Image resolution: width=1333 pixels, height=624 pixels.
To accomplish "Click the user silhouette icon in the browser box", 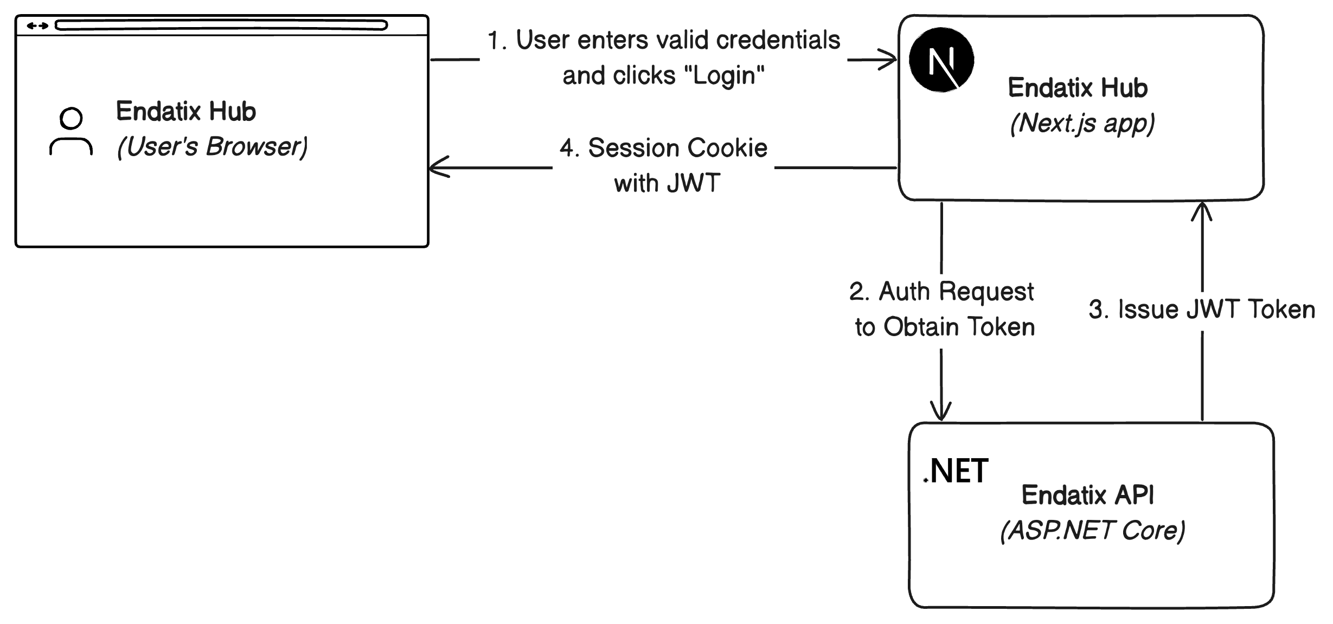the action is pyautogui.click(x=71, y=132).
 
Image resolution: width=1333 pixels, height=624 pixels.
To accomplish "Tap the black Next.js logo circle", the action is pyautogui.click(x=941, y=60).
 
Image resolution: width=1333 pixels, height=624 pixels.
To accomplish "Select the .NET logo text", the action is pyautogui.click(x=956, y=471).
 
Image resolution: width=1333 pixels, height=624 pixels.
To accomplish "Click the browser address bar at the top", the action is pyautogui.click(x=221, y=25).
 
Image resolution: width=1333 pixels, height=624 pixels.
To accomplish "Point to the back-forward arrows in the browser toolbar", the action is pyautogui.click(x=37, y=25).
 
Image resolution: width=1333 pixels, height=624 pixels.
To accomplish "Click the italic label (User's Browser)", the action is pyautogui.click(x=212, y=146).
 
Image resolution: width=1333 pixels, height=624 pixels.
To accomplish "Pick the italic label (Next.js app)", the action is pyautogui.click(x=1082, y=123).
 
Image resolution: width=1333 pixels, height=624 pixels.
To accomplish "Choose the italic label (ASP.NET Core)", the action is pyautogui.click(x=1093, y=530).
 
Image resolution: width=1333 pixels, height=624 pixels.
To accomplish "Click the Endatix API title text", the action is pyautogui.click(x=1087, y=494).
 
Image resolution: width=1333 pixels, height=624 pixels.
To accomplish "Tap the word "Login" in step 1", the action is pyautogui.click(x=721, y=75).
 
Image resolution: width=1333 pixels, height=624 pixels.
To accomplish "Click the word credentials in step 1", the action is pyautogui.click(x=778, y=40).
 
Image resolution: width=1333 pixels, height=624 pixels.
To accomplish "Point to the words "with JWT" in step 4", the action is pyautogui.click(x=667, y=183).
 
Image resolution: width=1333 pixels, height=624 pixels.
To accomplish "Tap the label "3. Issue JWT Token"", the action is pyautogui.click(x=1202, y=310).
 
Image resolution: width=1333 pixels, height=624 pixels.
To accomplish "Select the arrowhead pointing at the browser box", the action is pyautogui.click(x=439, y=167).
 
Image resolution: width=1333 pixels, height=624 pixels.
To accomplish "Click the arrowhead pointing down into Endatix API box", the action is pyautogui.click(x=941, y=411).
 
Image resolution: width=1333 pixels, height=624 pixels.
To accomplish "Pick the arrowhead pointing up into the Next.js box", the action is pyautogui.click(x=1202, y=211).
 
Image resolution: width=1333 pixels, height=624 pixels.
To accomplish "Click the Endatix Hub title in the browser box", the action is pyautogui.click(x=186, y=111).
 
